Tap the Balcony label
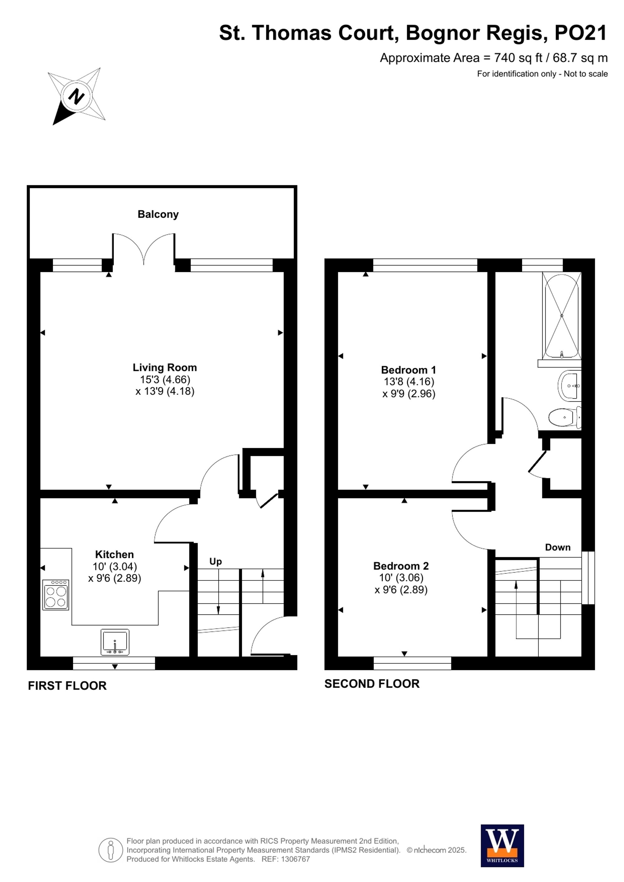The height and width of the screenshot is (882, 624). point(158,214)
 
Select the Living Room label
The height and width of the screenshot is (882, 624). point(164,367)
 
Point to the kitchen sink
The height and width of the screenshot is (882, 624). point(115,642)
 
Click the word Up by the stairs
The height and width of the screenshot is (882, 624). point(215,561)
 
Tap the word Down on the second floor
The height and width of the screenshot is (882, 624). point(558,547)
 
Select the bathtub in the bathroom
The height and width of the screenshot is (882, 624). point(561,315)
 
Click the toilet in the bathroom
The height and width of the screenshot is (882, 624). point(564,417)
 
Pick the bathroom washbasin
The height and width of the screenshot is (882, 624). point(571,385)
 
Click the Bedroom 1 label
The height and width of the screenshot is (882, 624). point(408,370)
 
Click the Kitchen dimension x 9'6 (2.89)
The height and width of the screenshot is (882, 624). point(115,578)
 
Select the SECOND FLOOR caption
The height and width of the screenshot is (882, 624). point(372,684)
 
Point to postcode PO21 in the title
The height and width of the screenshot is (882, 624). point(580,33)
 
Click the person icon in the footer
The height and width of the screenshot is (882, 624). point(111,850)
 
